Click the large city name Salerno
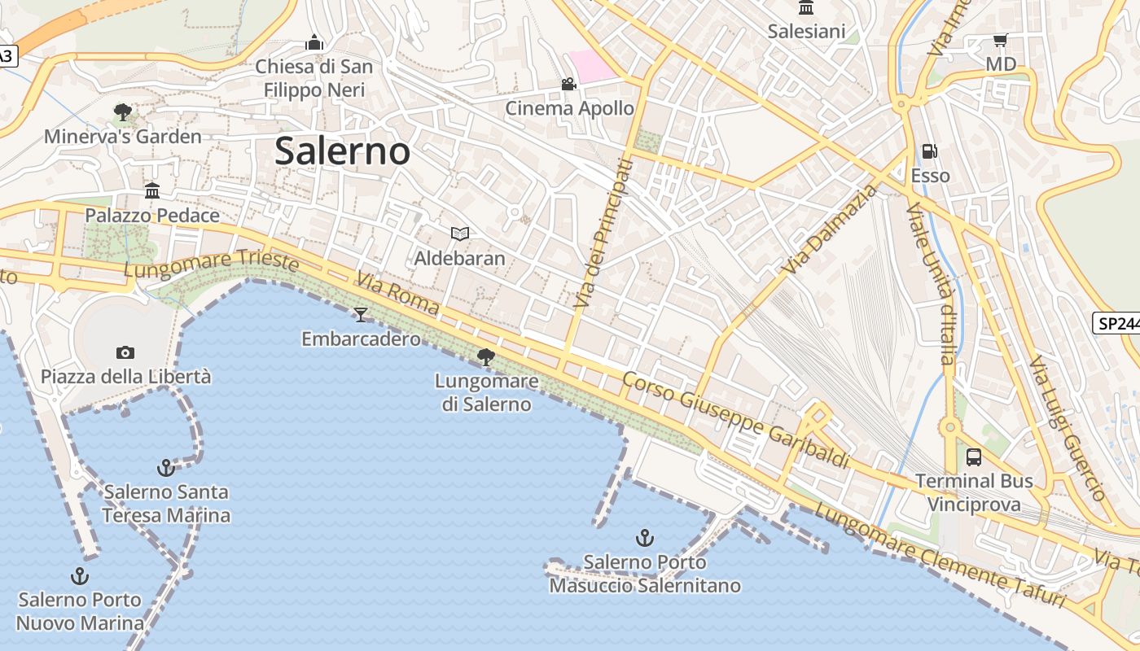click(x=342, y=151)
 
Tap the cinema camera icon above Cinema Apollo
click(x=568, y=85)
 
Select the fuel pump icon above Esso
click(x=929, y=151)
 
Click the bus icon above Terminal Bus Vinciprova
click(x=974, y=457)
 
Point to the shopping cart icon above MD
click(x=1001, y=40)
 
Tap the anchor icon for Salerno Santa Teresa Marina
click(x=166, y=468)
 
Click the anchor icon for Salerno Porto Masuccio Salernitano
click(x=644, y=538)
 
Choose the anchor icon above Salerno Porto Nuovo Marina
click(x=80, y=576)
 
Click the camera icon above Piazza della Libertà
click(x=125, y=352)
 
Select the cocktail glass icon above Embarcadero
click(x=361, y=314)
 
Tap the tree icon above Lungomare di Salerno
click(x=486, y=356)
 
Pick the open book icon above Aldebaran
click(x=460, y=234)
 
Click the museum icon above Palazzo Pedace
click(x=152, y=191)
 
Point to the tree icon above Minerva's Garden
click(x=123, y=111)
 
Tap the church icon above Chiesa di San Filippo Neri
click(x=314, y=42)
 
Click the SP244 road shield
click(x=1116, y=323)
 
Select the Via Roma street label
click(x=397, y=295)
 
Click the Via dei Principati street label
click(x=603, y=234)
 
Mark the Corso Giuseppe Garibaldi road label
click(x=735, y=421)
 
